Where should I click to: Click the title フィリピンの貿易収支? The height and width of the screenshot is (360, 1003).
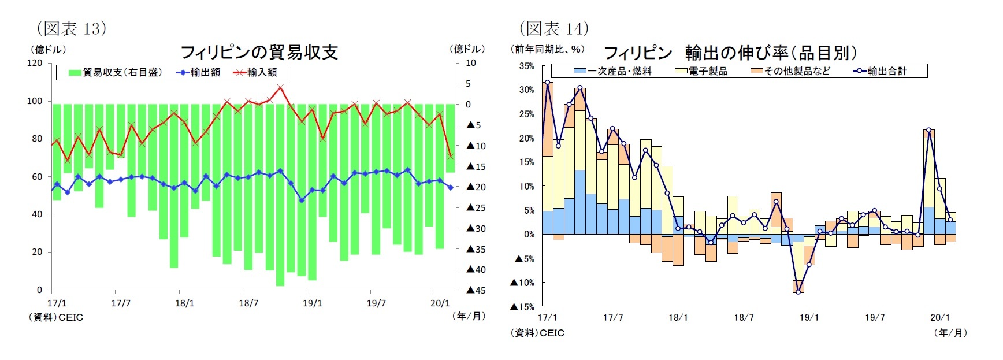[x=259, y=52]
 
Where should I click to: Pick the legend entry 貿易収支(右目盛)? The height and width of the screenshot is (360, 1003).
[x=115, y=72]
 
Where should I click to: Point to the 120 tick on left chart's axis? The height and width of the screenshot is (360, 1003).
[x=35, y=63]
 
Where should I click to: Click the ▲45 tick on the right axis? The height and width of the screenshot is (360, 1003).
[x=476, y=290]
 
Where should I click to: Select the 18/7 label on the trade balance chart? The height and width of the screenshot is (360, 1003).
[x=248, y=303]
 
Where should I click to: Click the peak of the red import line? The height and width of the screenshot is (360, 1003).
[x=280, y=87]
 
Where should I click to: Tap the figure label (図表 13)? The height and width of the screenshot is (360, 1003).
[x=72, y=28]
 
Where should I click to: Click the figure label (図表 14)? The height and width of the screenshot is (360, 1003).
[x=553, y=28]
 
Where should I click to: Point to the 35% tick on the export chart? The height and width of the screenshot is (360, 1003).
[x=526, y=66]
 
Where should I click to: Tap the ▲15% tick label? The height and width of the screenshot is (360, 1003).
[x=522, y=307]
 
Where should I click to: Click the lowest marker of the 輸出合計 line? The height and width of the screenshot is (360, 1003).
[x=798, y=292]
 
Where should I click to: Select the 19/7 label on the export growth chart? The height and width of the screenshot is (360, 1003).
[x=875, y=317]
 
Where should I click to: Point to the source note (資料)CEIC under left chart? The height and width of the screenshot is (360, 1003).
[x=56, y=317]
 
